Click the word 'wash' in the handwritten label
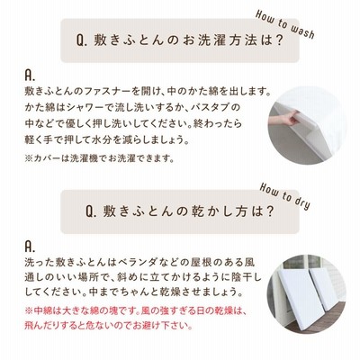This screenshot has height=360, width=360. coord(301,30)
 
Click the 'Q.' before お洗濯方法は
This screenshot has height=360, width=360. coord(82,40)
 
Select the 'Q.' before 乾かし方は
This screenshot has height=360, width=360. coord(91,211)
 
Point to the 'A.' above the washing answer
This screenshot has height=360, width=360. coord(30,76)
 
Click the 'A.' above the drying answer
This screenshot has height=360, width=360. coord(30,247)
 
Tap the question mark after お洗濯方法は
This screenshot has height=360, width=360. coord(279,40)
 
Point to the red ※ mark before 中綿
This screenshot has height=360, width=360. coord(29,310)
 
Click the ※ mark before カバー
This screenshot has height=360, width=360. coord(29,158)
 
